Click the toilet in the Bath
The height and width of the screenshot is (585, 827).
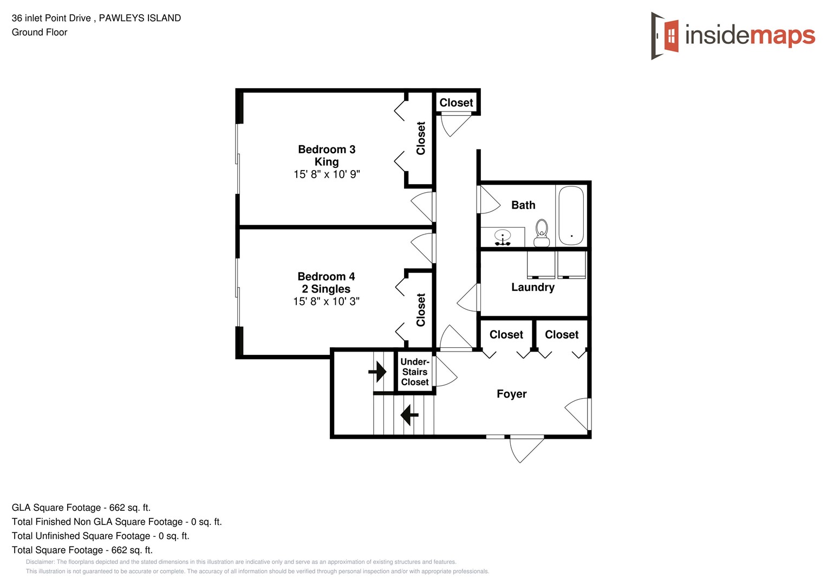(541, 233)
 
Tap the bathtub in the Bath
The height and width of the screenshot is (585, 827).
(571, 216)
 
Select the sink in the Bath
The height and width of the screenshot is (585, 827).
(503, 237)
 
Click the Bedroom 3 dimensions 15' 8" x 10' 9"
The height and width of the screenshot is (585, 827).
(327, 174)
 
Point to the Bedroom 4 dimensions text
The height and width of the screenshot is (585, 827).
(326, 302)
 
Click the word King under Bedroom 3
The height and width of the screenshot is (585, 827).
(327, 162)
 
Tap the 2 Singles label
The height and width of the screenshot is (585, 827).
(326, 289)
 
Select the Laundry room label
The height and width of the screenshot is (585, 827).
(532, 288)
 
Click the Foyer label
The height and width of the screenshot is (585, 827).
(511, 394)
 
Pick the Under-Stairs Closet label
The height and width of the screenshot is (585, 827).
(415, 372)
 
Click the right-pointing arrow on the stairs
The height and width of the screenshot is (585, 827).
(377, 372)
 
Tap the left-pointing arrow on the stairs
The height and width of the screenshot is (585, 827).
(409, 415)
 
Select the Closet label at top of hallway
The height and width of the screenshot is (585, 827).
(456, 103)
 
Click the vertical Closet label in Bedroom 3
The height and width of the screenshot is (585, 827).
(421, 138)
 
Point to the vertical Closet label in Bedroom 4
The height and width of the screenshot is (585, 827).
(421, 310)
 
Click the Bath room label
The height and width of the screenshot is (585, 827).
(523, 205)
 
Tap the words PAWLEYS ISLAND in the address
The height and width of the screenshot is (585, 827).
(140, 18)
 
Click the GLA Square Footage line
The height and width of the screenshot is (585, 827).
(81, 508)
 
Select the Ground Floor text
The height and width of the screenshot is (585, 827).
(40, 32)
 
